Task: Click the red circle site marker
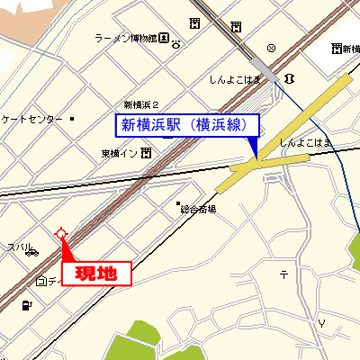(61, 234)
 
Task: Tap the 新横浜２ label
(141, 103)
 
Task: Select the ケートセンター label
(32, 119)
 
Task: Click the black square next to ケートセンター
(72, 118)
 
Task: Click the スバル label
(18, 247)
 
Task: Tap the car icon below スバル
(33, 252)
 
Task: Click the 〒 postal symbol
(283, 274)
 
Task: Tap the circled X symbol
(271, 47)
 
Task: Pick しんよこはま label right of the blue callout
(306, 142)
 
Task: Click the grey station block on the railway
(265, 67)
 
